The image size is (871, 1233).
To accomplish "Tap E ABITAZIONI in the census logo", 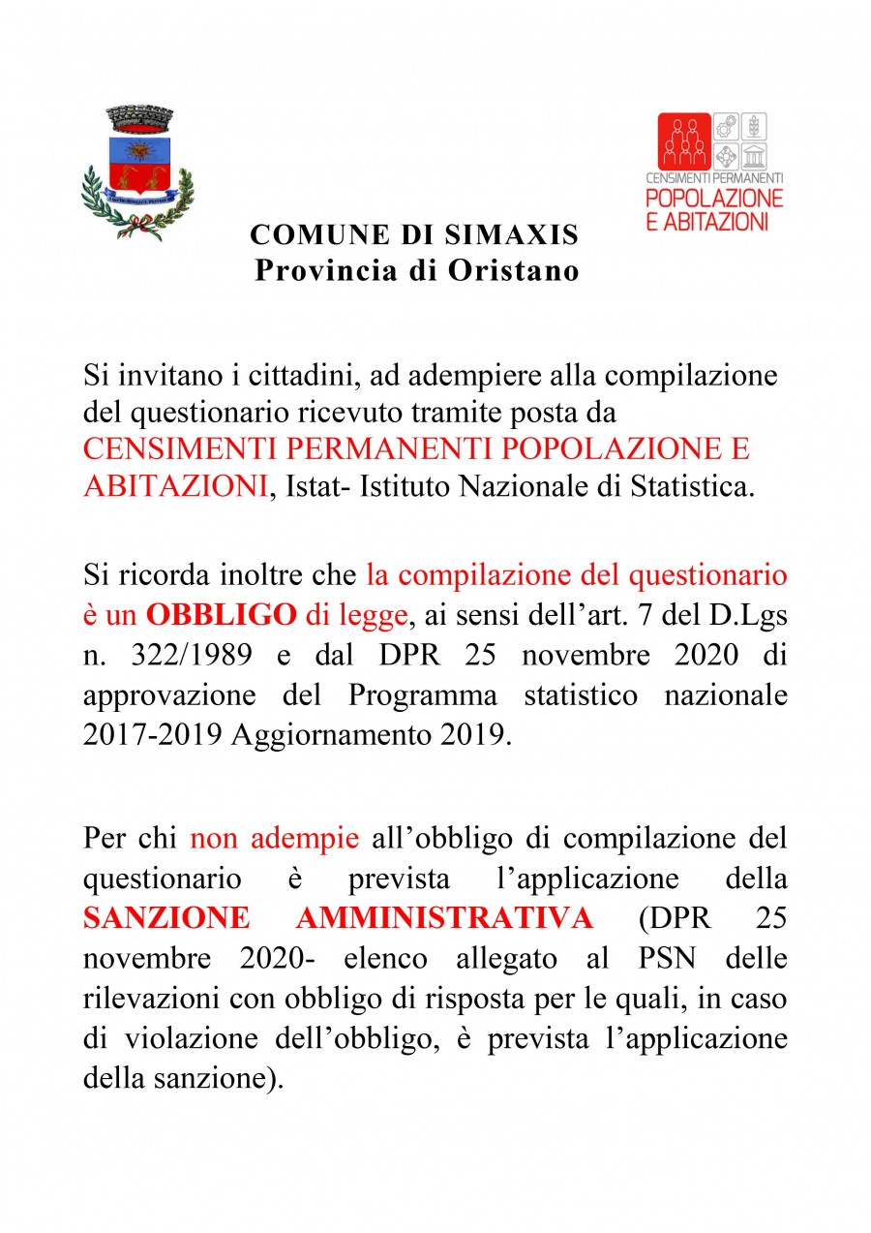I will pyautogui.click(x=707, y=221).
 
